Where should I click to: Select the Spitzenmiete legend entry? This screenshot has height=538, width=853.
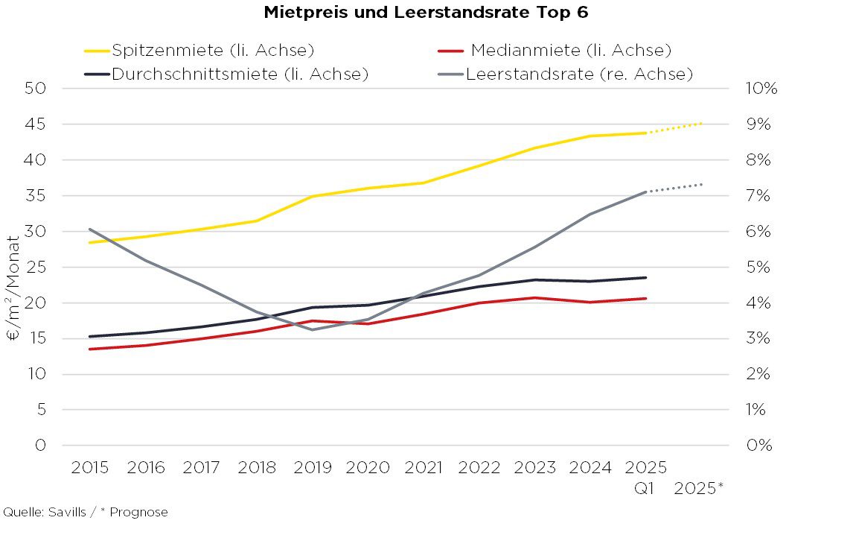(213, 51)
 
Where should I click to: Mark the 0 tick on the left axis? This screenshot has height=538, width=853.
(42, 446)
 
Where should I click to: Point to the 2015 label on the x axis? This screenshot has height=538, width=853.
(90, 468)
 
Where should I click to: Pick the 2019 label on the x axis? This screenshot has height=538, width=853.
(313, 468)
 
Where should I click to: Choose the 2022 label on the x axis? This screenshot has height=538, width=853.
(479, 468)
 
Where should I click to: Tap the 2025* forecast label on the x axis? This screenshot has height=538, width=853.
(699, 489)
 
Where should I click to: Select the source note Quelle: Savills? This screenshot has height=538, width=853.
(85, 513)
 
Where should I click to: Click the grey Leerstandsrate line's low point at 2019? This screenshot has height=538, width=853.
(313, 329)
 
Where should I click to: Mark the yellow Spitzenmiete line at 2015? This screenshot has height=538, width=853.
(90, 242)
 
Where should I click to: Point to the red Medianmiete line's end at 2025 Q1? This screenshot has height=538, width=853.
(646, 298)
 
